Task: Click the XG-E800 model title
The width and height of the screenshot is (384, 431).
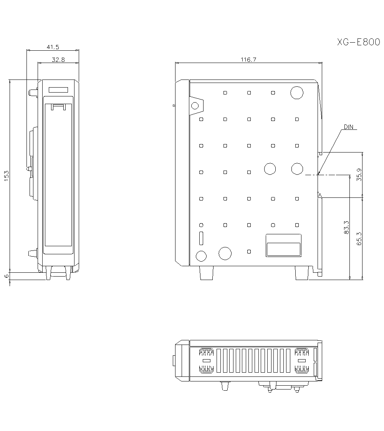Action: click(358, 42)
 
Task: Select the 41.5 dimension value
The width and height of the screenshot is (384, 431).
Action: click(53, 47)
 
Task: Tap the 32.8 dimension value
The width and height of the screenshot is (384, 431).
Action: click(58, 60)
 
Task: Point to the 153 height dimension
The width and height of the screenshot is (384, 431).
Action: click(7, 175)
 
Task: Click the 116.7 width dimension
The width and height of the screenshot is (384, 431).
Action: click(248, 60)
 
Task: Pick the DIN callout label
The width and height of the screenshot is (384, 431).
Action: click(349, 127)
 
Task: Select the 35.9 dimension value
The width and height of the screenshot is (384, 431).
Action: click(359, 175)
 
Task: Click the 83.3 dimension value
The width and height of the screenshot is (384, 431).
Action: click(346, 227)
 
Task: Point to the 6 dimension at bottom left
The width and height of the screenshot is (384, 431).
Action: click(6, 276)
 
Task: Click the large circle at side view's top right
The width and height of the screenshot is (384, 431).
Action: click(296, 93)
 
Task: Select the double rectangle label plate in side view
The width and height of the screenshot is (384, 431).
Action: click(283, 245)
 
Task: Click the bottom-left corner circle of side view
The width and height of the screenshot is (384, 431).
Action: click(201, 256)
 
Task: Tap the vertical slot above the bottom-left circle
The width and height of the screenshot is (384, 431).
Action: click(201, 239)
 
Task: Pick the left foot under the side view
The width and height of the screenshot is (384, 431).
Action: click(206, 273)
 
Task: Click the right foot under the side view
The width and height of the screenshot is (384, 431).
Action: click(301, 273)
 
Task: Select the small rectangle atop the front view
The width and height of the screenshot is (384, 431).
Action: click(58, 90)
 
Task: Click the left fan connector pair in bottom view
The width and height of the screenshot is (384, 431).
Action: click(206, 361)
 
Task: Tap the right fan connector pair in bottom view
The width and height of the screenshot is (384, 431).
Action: click(302, 361)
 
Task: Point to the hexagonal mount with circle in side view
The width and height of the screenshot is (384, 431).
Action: click(195, 106)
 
